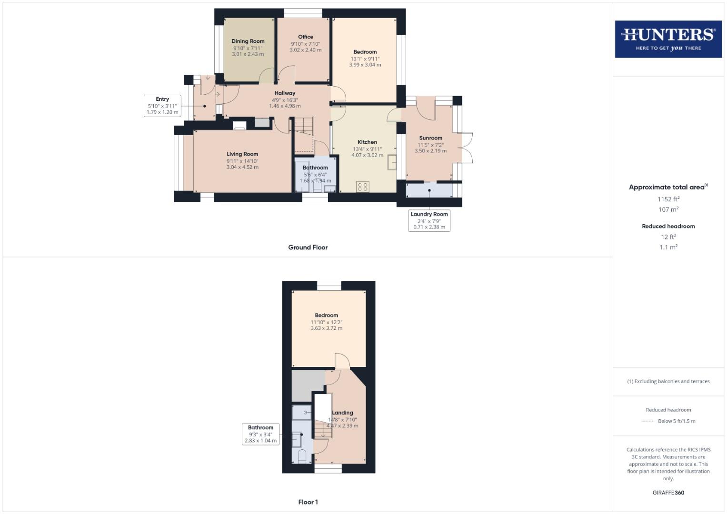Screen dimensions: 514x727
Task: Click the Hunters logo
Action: (668, 39)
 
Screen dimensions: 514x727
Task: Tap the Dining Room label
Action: (248, 41)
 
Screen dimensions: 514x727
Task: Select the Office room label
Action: (306, 37)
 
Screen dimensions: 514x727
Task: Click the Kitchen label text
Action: (367, 142)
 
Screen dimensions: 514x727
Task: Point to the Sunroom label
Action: (430, 138)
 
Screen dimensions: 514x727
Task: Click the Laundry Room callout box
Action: (429, 220)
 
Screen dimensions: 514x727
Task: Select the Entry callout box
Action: (162, 106)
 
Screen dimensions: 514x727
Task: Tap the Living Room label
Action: (242, 154)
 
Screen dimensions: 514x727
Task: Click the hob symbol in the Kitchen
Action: (362, 187)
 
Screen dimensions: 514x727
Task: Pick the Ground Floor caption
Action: (308, 247)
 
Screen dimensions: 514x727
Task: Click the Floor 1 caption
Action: (308, 502)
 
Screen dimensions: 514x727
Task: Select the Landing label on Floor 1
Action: (342, 413)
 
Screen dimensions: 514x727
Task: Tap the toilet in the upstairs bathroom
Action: (302, 456)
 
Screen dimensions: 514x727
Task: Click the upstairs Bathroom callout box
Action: (260, 434)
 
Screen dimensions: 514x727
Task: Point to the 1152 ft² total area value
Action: (668, 199)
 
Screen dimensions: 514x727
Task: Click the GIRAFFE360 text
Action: (668, 493)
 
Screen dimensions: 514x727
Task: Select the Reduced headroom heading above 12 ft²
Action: (668, 227)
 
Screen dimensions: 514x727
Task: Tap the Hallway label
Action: (285, 93)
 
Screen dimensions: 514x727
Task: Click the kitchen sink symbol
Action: (392, 162)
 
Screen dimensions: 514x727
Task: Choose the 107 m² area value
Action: (668, 209)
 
